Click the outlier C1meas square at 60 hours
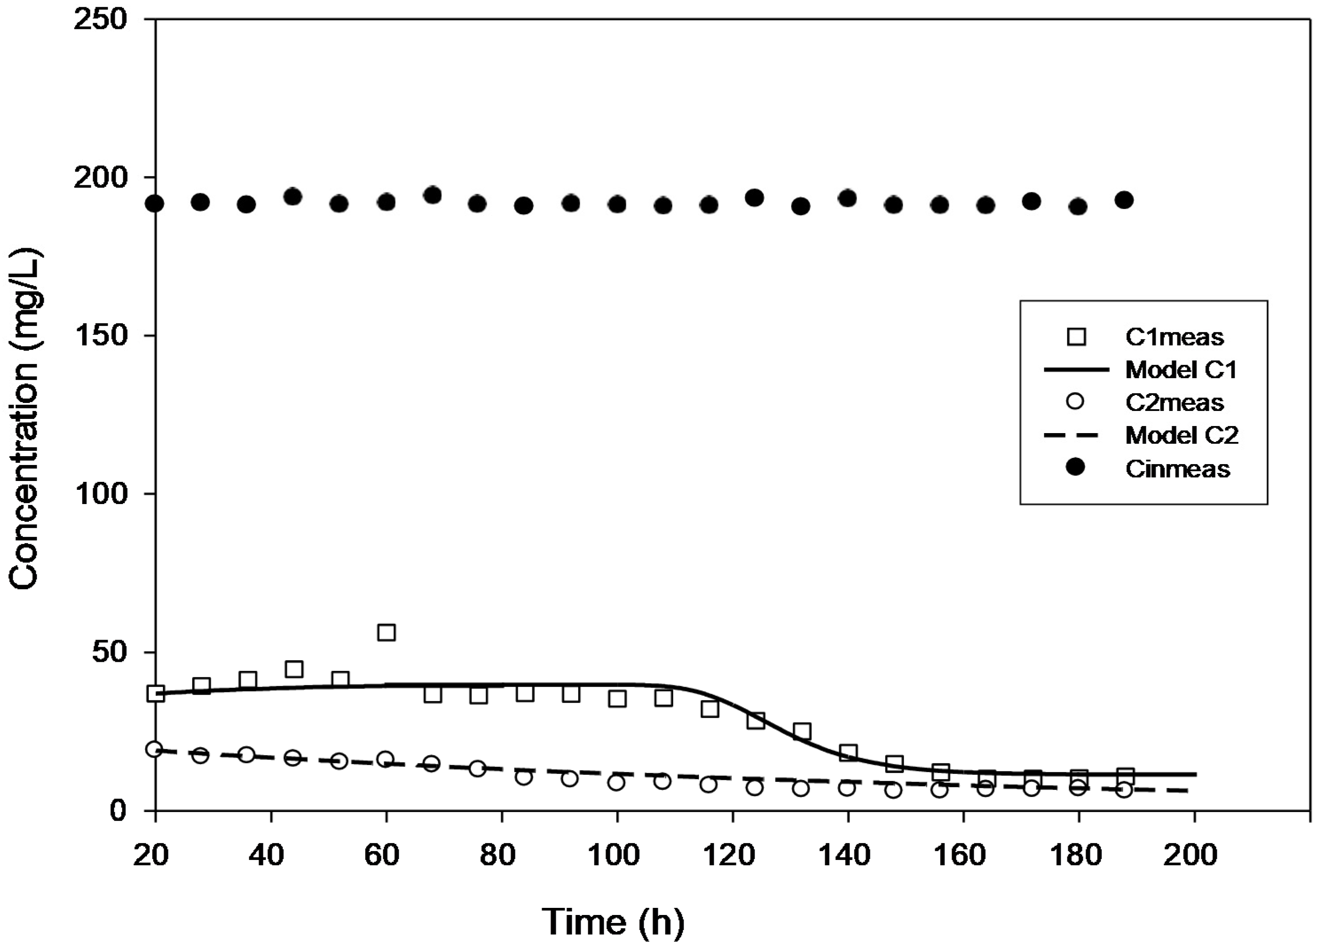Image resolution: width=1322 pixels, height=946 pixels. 386,632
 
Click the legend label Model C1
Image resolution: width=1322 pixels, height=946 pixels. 1181,369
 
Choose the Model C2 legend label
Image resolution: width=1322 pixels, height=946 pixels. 1181,435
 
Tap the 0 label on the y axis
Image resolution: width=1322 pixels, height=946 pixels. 119,810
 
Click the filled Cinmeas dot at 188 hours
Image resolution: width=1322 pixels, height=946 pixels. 1124,200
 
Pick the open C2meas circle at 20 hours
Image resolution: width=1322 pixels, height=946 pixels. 154,749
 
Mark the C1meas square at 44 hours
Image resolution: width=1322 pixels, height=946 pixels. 294,669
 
